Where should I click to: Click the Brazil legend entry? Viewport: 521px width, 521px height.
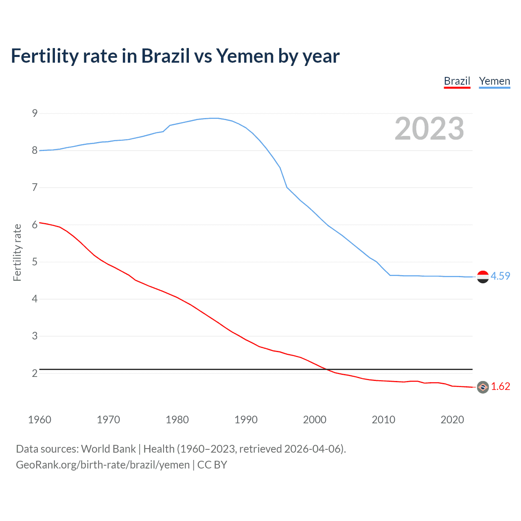click(x=457, y=81)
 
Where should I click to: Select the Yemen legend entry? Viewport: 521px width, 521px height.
click(x=494, y=81)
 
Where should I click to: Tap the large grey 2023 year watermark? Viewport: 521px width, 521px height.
click(x=429, y=129)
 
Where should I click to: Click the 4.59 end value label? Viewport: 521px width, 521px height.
click(x=500, y=276)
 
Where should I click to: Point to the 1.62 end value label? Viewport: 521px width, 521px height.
click(x=500, y=386)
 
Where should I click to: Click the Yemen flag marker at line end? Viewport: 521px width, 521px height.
click(x=483, y=277)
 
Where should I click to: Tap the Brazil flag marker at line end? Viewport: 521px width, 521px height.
click(x=483, y=387)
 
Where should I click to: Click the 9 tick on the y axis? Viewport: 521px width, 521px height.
click(x=35, y=113)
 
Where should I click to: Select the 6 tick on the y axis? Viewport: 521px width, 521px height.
click(x=35, y=225)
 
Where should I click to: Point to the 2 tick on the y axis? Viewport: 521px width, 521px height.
click(x=35, y=373)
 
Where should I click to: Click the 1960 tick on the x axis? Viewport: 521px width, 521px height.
click(x=39, y=420)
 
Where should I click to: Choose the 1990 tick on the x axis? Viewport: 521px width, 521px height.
click(x=246, y=420)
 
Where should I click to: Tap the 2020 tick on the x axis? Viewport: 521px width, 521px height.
click(x=452, y=420)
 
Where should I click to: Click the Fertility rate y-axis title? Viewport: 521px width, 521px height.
click(x=17, y=252)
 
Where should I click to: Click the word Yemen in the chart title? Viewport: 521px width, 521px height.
click(x=245, y=56)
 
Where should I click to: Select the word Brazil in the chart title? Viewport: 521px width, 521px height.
click(x=165, y=56)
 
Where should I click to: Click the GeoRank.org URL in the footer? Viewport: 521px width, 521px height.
click(x=103, y=465)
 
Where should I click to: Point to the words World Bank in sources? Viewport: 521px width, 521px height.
click(x=108, y=449)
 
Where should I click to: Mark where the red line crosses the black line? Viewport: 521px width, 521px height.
click(x=327, y=369)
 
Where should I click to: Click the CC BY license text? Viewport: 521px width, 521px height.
click(x=212, y=465)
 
